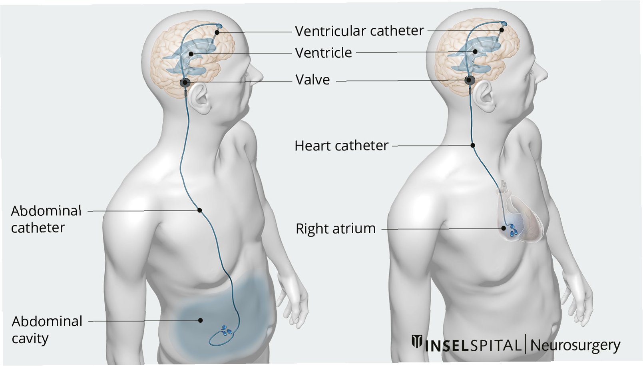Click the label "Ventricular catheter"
(359, 31)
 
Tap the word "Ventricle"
(323, 53)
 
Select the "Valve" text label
(313, 80)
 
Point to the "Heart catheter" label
(341, 146)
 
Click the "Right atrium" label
(336, 229)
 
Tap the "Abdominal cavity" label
(47, 330)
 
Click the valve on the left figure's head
(185, 83)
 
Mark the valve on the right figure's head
(470, 80)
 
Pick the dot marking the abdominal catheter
(199, 210)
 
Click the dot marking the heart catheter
(473, 145)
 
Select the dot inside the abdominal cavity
(200, 320)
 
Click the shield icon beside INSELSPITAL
(417, 342)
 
